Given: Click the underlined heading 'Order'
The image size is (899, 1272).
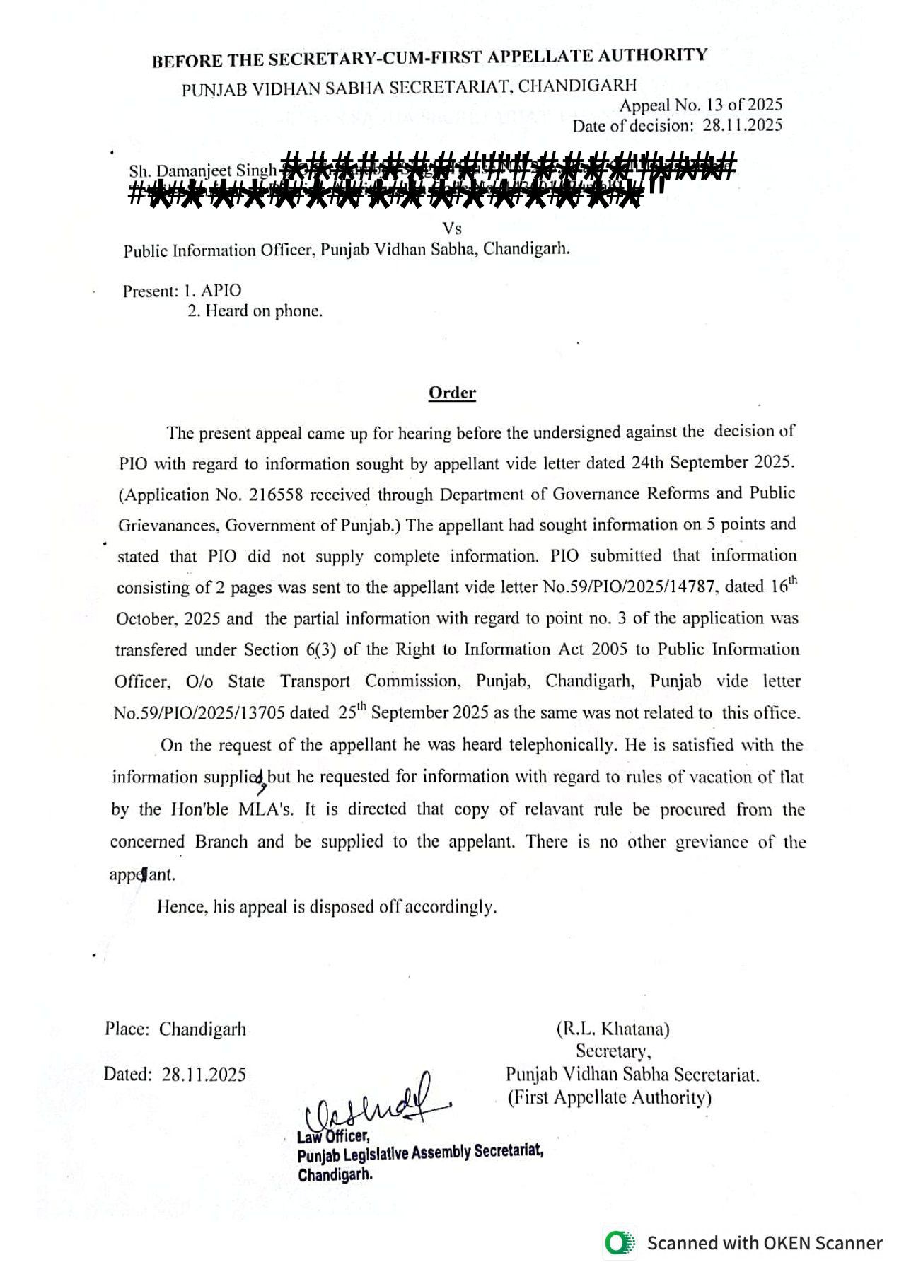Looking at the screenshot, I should point(452,393).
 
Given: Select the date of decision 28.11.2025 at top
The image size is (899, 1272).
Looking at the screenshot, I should point(743,126).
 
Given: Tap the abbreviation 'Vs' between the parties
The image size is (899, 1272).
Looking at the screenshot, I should point(452,229).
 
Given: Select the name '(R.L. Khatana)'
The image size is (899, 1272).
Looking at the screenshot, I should point(613,1029).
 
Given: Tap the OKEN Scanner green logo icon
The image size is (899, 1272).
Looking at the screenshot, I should point(619,1243).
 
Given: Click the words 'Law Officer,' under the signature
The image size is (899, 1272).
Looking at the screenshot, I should point(333,1136).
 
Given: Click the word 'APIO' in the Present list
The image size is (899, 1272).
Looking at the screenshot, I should point(221,291).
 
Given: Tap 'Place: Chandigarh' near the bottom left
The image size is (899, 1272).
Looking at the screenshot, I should point(175,1029).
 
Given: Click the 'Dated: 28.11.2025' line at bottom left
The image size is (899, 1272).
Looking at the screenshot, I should point(175,1075).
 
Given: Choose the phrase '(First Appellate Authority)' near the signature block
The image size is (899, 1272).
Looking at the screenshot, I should point(610,1097).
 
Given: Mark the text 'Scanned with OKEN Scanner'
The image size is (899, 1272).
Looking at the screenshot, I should point(765,1243).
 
